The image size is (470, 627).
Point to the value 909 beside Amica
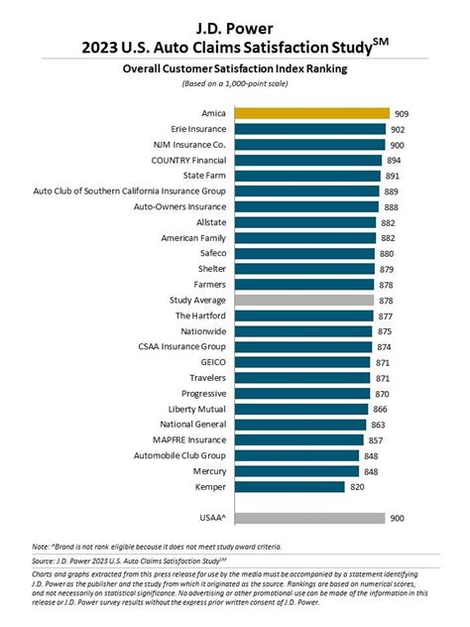click(x=402, y=113)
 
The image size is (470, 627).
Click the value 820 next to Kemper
click(x=359, y=486)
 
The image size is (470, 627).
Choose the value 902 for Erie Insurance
click(x=398, y=129)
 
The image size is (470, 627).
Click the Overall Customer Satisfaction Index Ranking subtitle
click(x=235, y=69)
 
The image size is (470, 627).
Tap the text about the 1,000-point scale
click(x=235, y=84)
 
